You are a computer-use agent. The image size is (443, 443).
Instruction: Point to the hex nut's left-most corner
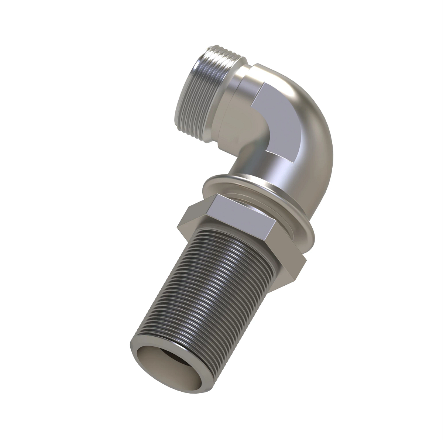[178, 226]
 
